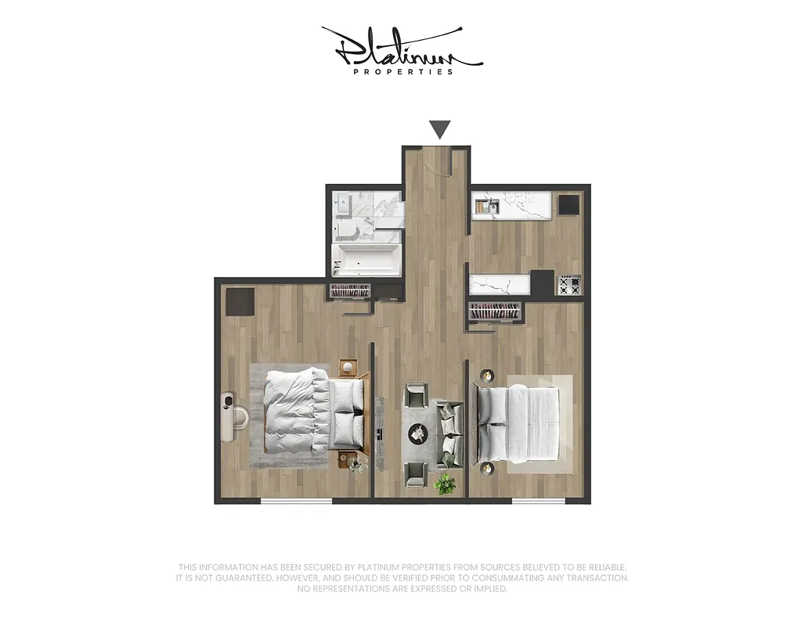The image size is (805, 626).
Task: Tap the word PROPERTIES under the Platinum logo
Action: point(403,72)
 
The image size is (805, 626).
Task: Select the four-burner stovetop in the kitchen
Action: point(569,286)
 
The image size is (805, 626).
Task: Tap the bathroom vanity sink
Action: point(342,202)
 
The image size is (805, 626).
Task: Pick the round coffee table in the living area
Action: point(420,432)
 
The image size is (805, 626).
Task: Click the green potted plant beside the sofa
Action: point(446,484)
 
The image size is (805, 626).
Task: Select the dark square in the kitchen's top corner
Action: point(569,205)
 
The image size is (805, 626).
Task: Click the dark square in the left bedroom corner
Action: point(240,301)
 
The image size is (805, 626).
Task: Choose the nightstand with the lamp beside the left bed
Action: point(348,367)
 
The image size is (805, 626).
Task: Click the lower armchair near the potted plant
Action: point(416,472)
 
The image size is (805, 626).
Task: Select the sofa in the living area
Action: point(450,434)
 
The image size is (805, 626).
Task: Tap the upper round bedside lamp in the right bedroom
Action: point(487,375)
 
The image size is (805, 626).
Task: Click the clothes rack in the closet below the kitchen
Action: point(494,311)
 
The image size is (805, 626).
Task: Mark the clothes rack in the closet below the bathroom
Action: point(349,292)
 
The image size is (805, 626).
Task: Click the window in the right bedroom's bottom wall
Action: point(538,501)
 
